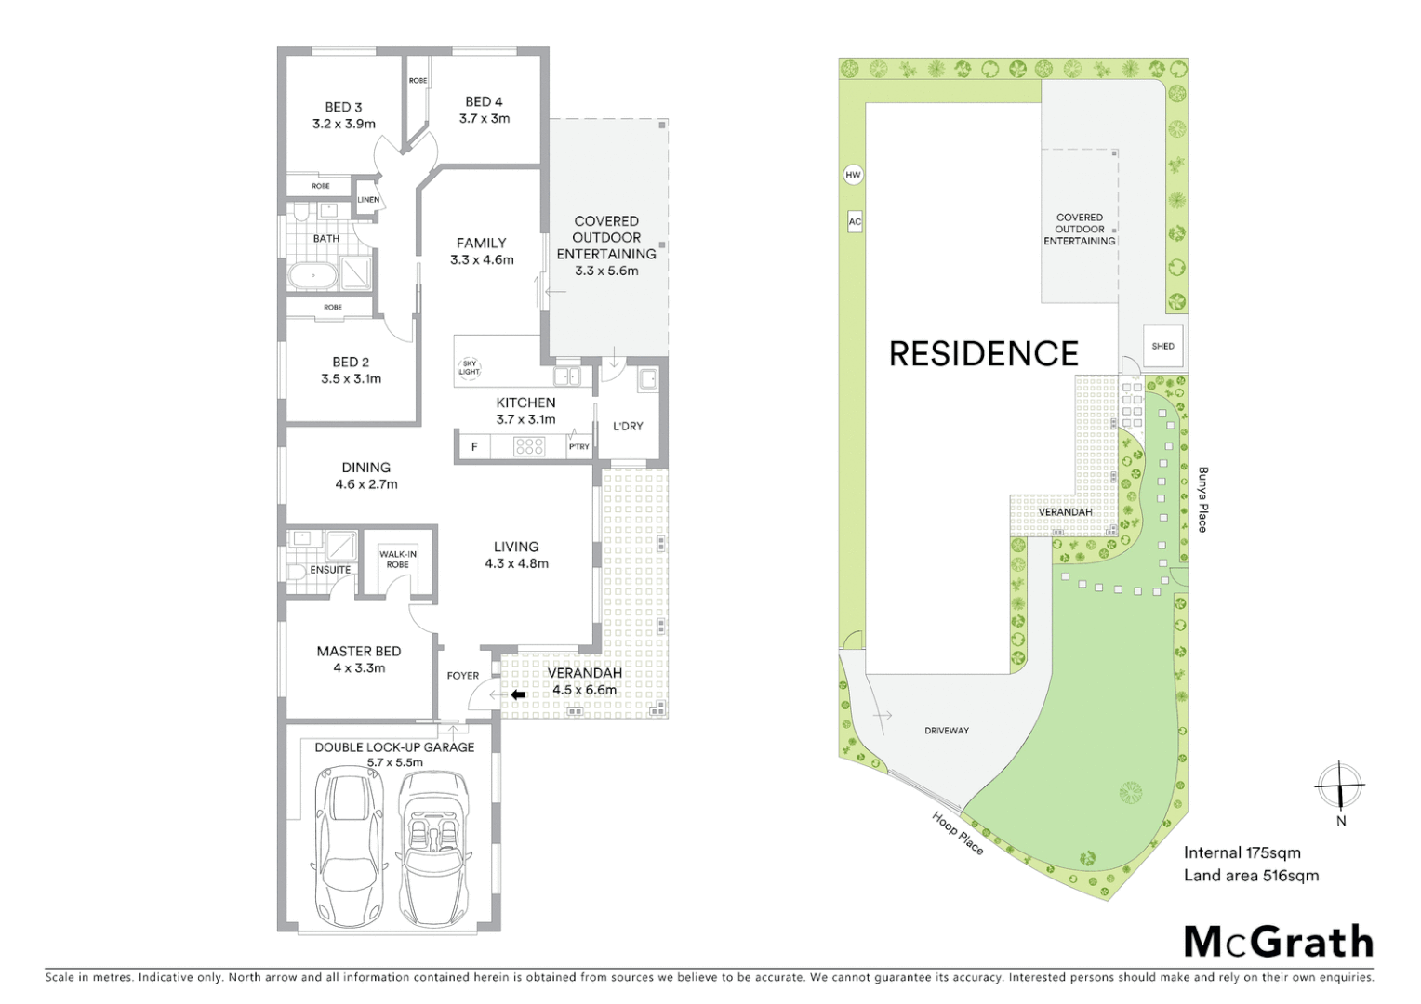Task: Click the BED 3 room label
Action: (344, 115)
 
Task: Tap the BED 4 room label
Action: (484, 110)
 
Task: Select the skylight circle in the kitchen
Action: (469, 368)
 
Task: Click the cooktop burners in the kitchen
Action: (529, 447)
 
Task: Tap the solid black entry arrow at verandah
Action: (518, 694)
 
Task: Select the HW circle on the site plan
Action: (853, 175)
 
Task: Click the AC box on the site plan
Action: (855, 221)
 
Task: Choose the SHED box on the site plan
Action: (1162, 346)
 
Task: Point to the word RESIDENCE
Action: (984, 354)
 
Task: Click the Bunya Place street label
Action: (1202, 499)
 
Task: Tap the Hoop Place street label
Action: (958, 832)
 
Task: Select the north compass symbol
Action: (1339, 786)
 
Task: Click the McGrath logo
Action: (1279, 942)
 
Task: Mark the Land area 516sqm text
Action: (1251, 875)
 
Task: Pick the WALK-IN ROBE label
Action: (398, 560)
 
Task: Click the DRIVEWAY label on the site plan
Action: (947, 731)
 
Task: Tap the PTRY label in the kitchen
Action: (579, 447)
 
